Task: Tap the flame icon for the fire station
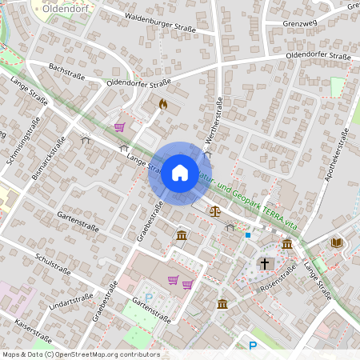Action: [163, 104]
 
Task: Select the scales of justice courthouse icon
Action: [214, 211]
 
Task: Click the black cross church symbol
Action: [264, 263]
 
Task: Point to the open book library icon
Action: [336, 242]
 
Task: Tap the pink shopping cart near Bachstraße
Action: [119, 126]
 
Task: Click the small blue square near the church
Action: [248, 235]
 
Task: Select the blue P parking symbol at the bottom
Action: [253, 346]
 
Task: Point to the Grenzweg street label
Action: [300, 23]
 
